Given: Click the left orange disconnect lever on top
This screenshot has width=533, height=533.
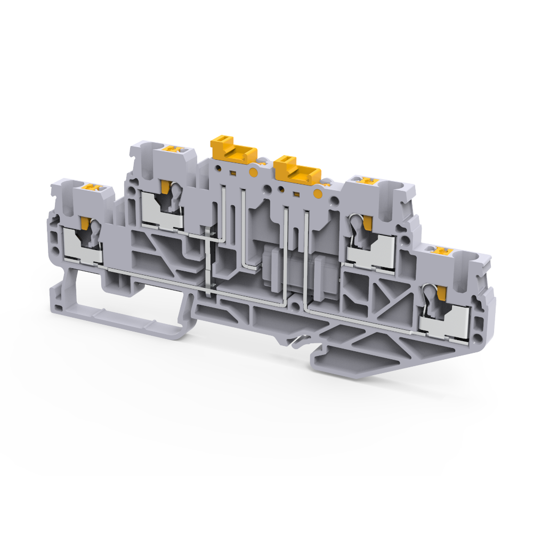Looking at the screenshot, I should [231, 149].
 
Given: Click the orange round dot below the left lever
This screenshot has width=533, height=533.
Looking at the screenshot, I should [253, 172].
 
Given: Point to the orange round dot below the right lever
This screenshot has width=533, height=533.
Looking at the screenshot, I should [318, 193].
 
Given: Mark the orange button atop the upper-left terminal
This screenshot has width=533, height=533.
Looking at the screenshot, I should [171, 149].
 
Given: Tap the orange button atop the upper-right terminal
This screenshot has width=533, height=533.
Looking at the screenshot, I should [367, 180].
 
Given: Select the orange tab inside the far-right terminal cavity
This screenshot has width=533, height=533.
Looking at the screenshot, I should [441, 292].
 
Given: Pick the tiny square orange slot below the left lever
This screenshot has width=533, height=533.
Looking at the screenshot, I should [233, 173].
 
